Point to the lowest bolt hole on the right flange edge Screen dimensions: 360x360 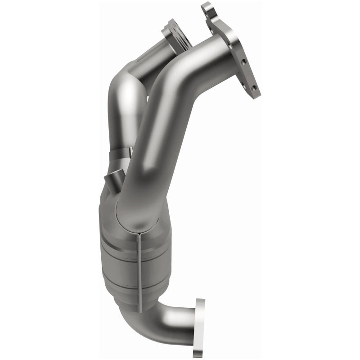254,88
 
